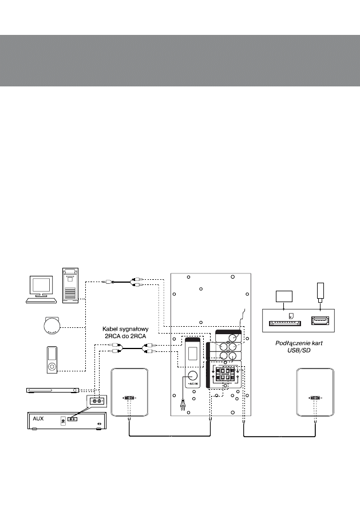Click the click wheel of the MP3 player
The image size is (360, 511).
pyautogui.click(x=52, y=365)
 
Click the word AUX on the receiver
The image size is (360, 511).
pyautogui.click(x=38, y=419)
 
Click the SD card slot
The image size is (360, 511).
pyautogui.click(x=285, y=322)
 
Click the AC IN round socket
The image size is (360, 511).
pyautogui.click(x=192, y=377)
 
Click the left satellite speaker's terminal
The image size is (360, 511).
pyautogui.click(x=129, y=398)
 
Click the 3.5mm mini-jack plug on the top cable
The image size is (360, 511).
pyautogui.click(x=109, y=282)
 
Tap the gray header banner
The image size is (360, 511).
pyautogui.click(x=180, y=60)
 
